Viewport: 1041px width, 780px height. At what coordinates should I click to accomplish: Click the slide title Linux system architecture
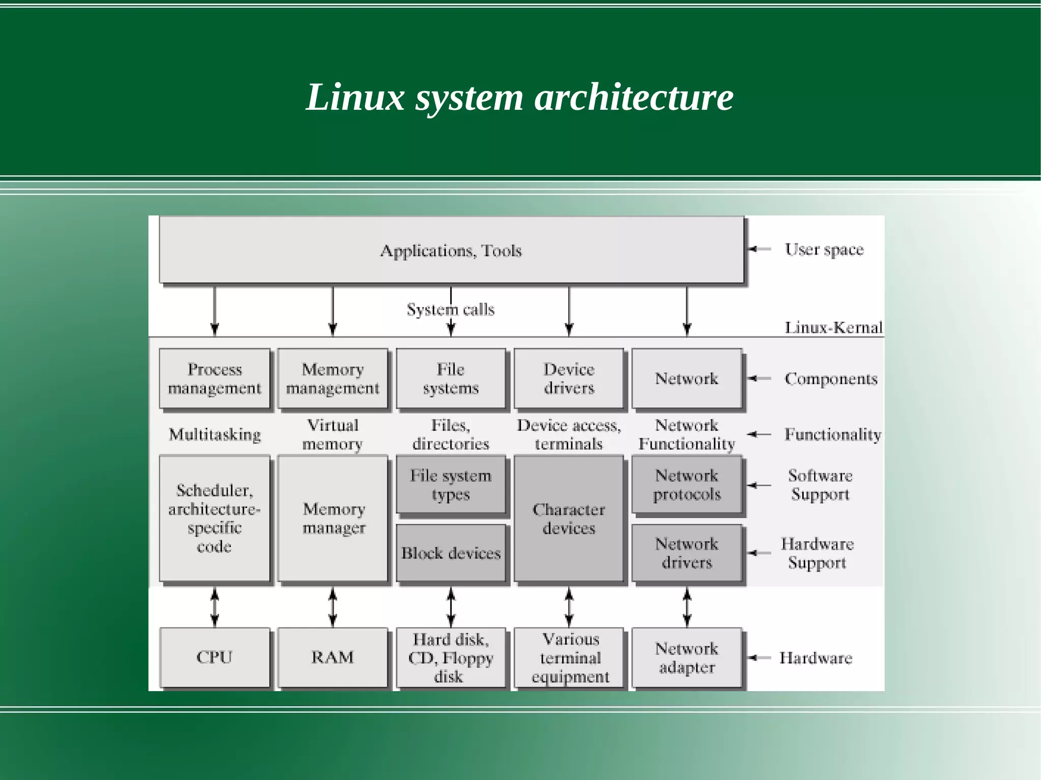tap(519, 97)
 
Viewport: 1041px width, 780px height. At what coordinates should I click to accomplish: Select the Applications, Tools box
tap(451, 250)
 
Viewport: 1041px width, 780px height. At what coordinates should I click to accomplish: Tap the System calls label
tap(450, 309)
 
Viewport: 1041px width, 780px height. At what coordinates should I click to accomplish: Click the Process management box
tap(214, 378)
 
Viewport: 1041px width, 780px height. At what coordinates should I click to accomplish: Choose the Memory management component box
tap(332, 378)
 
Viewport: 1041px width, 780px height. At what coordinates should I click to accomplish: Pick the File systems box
tap(451, 378)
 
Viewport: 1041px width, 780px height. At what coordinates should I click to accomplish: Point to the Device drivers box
tap(569, 378)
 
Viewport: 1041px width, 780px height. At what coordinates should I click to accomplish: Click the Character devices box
tap(569, 518)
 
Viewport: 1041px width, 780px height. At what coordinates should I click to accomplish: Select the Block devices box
tap(451, 553)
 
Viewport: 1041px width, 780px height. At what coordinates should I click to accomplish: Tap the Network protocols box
tap(687, 485)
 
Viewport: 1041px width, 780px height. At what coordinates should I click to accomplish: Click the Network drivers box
tap(687, 553)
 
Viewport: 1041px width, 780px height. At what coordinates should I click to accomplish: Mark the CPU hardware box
tap(214, 658)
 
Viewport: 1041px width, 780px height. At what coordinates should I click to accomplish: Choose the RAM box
tap(332, 658)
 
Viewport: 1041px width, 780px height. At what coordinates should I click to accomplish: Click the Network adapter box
tap(687, 658)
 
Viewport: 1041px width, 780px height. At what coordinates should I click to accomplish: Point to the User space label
tap(824, 249)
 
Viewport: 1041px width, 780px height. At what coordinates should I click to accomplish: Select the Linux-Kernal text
tap(833, 327)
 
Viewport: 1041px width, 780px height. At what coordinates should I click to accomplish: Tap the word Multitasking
tap(215, 434)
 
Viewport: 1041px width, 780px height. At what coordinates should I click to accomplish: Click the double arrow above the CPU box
tap(215, 607)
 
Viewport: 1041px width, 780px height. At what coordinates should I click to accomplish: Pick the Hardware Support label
tap(817, 553)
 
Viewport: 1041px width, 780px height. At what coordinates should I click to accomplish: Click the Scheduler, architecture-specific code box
tap(214, 518)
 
